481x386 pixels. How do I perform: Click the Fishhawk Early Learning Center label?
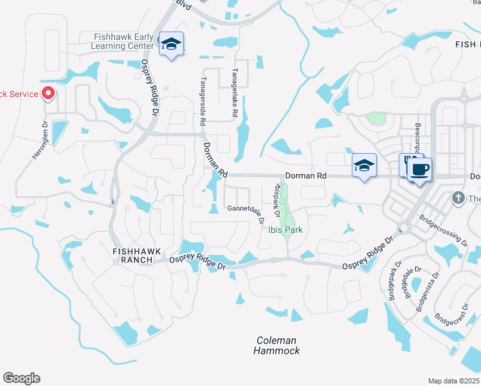point(123,42)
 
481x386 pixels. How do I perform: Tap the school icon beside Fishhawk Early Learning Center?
point(171,44)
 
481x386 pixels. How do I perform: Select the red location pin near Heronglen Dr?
point(48,94)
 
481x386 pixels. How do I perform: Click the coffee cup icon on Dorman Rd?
point(420,169)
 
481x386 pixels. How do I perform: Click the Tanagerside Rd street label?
point(203,101)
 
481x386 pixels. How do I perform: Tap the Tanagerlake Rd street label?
point(235,93)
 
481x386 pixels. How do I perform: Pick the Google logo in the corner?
point(21,378)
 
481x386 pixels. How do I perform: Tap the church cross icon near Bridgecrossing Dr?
point(458,197)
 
